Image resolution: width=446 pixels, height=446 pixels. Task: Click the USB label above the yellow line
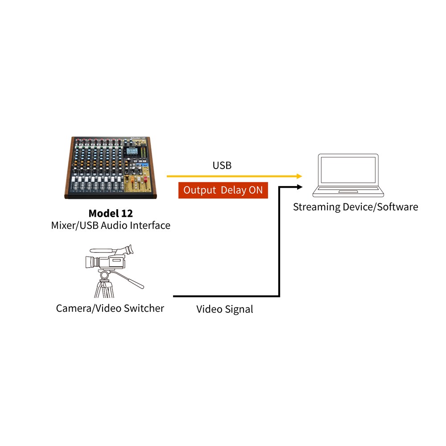pyautogui.click(x=222, y=165)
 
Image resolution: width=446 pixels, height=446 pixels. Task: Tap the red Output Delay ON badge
pyautogui.click(x=223, y=190)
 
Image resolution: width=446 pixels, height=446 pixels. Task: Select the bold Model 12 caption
pyautogui.click(x=111, y=213)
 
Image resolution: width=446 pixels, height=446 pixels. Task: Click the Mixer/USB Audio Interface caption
pyautogui.click(x=111, y=225)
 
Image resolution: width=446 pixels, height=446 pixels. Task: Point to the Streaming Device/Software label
pyautogui.click(x=355, y=207)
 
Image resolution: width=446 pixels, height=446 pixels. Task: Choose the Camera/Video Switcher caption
pyautogui.click(x=110, y=308)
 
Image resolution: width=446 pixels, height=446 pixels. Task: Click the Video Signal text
pyautogui.click(x=225, y=309)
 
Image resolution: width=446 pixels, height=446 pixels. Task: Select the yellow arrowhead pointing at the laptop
pyautogui.click(x=299, y=176)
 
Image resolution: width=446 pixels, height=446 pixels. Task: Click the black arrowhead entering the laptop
pyautogui.click(x=299, y=187)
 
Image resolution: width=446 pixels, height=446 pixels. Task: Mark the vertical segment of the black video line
pyautogui.click(x=279, y=241)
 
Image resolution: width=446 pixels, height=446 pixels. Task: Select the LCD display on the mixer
pyautogui.click(x=132, y=152)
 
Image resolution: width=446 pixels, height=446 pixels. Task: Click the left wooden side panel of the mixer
pyautogui.click(x=67, y=169)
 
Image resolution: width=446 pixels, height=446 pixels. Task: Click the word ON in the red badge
pyautogui.click(x=255, y=190)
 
